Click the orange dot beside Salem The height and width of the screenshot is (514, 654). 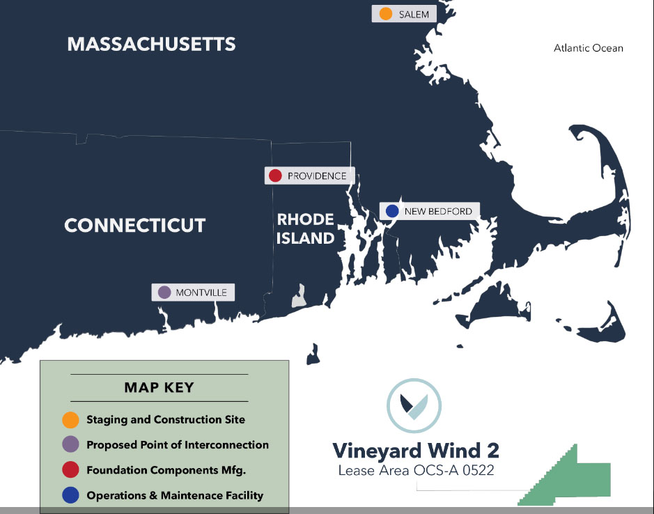tap(386, 14)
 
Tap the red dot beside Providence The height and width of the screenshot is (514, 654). tap(275, 176)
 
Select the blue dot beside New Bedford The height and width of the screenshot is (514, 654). tap(391, 211)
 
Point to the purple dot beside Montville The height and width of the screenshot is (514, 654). tap(164, 293)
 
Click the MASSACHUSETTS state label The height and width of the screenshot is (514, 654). tap(151, 45)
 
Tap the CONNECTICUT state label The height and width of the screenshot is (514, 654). tap(135, 226)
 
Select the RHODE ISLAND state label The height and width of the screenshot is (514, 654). tap(305, 228)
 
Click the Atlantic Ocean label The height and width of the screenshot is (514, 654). tap(589, 48)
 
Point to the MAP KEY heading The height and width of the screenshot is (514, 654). tap(159, 387)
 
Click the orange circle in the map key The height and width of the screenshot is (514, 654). tap(70, 420)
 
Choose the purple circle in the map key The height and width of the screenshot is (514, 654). tap(70, 445)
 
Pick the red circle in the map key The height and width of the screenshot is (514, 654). tap(70, 470)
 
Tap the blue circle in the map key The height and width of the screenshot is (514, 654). tap(70, 496)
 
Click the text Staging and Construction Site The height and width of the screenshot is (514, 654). tap(166, 420)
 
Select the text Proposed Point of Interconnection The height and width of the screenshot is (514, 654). tap(178, 445)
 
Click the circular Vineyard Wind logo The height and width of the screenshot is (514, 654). tap(414, 406)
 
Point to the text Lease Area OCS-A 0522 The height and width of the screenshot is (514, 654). tap(416, 470)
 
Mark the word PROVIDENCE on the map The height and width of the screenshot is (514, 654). tap(317, 176)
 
